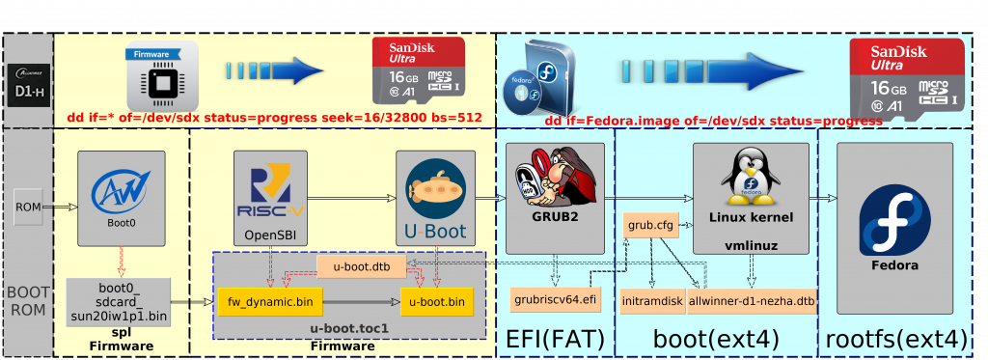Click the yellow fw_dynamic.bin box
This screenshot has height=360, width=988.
270,302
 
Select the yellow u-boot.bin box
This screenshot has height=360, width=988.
438,302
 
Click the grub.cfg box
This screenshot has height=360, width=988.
649,225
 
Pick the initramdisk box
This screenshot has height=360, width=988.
651,302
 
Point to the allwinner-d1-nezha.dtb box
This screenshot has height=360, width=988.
752,302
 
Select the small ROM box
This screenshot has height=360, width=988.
28,206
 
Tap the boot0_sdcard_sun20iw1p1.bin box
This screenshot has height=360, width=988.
120,300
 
